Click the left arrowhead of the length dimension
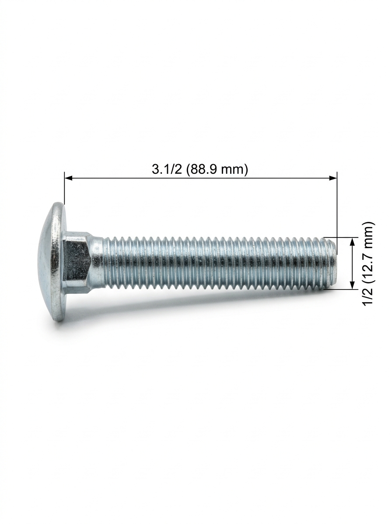(x=69, y=178)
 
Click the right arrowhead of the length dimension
(x=332, y=178)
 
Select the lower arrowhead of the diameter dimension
(x=352, y=285)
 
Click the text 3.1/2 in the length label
(x=167, y=169)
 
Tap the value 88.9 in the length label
(x=203, y=169)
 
